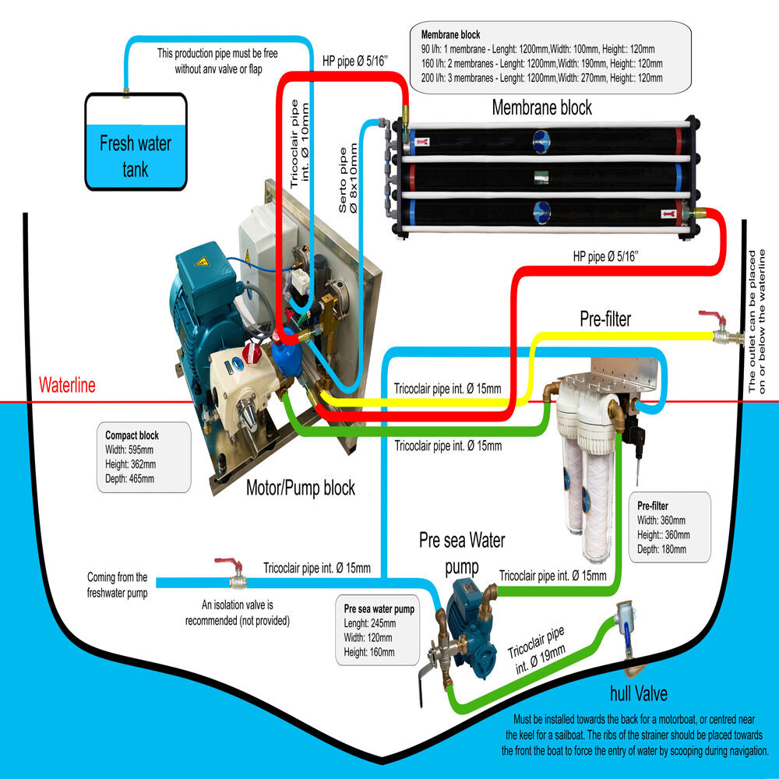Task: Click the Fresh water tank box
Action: click(136, 143)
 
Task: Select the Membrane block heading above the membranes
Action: click(541, 108)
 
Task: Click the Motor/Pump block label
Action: click(300, 489)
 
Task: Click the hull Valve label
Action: click(639, 693)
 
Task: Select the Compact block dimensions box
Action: click(144, 457)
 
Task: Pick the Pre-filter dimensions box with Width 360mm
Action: click(668, 527)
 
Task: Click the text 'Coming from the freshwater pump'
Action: click(117, 584)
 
